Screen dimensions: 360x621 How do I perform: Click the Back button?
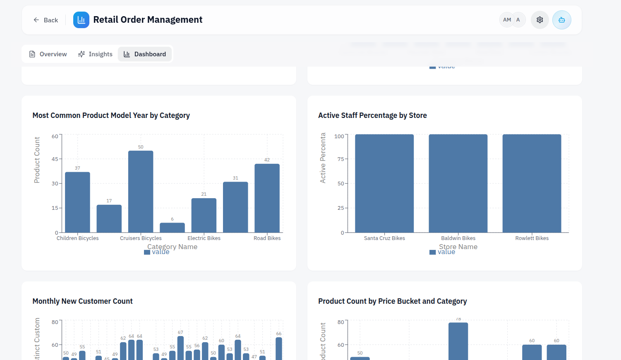[46, 20]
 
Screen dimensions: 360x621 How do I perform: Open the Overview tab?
[48, 54]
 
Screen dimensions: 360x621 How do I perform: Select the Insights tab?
[95, 54]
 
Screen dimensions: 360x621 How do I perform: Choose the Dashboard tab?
[145, 54]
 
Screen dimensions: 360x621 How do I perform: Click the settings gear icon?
[539, 20]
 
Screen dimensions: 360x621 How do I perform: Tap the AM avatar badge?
[507, 20]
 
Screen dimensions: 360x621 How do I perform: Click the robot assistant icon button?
[561, 20]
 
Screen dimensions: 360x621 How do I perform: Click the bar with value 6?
[172, 228]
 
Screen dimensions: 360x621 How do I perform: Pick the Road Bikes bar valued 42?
[267, 198]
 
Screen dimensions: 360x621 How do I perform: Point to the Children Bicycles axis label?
[78, 238]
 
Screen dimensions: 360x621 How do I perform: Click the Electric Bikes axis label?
[204, 238]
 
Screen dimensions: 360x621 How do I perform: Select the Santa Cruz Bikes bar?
[384, 183]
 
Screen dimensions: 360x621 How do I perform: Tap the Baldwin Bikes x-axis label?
[458, 238]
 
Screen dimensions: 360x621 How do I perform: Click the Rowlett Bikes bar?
[532, 183]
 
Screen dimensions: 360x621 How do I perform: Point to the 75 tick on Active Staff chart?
[340, 159]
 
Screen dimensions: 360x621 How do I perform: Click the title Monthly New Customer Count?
[83, 301]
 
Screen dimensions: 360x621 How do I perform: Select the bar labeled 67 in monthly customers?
[180, 348]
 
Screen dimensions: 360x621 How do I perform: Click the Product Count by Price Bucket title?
[392, 301]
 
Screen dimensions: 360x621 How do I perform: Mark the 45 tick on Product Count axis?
[55, 159]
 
